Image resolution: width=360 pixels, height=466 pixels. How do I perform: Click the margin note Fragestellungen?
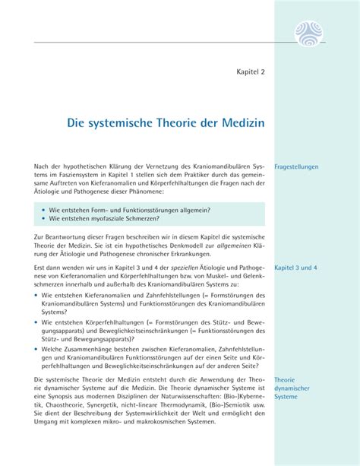296,166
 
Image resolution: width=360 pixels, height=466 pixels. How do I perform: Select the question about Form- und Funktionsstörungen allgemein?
129,209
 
